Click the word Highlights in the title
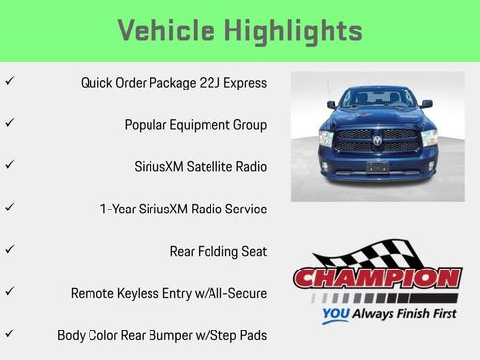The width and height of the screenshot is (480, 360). pyautogui.click(x=294, y=30)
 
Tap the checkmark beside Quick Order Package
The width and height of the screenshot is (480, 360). pyautogui.click(x=10, y=81)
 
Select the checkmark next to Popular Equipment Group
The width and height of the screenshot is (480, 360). pyautogui.click(x=10, y=123)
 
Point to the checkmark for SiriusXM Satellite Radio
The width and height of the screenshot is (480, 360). pyautogui.click(x=10, y=165)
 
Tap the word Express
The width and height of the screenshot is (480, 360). pyautogui.click(x=243, y=83)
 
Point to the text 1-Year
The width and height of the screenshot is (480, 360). pyautogui.click(x=120, y=210)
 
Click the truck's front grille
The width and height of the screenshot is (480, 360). pyautogui.click(x=378, y=142)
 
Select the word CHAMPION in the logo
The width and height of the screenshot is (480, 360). pyautogui.click(x=378, y=278)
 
